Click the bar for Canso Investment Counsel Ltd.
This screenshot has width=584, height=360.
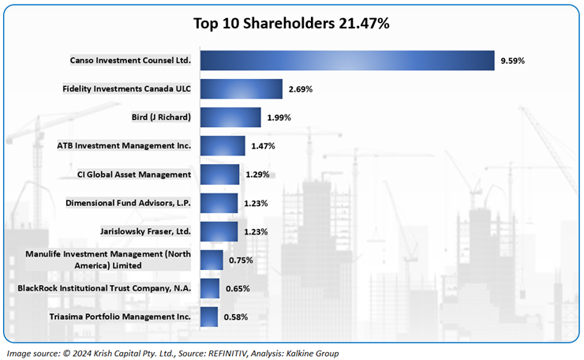347,61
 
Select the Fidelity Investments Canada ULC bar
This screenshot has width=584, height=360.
241,89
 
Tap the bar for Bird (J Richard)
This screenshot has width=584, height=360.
230,118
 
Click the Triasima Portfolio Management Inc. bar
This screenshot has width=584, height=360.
209,317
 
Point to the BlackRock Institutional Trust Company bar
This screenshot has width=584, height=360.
210,288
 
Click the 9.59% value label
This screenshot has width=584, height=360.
513,61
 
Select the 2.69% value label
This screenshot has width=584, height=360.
301,89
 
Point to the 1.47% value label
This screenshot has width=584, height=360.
264,146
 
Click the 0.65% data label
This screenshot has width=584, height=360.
238,288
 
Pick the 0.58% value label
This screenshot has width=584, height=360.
236,317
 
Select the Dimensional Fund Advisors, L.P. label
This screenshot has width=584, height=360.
129,203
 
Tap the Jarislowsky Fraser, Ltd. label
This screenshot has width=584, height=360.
146,231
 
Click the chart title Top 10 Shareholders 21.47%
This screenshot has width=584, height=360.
292,23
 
